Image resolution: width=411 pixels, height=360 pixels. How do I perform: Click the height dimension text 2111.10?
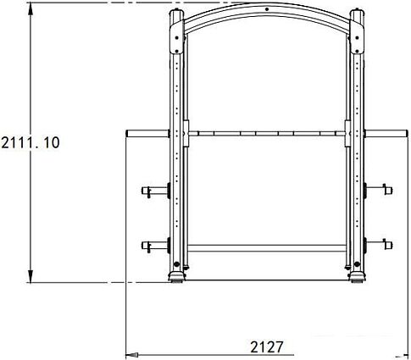click(31, 142)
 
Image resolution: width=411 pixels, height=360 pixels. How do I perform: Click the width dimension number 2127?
click(269, 346)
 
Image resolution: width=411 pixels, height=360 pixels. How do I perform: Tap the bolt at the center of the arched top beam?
click(267, 11)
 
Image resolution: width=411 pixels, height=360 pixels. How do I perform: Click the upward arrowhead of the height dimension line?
click(31, 8)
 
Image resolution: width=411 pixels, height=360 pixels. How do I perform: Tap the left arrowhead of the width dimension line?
click(131, 355)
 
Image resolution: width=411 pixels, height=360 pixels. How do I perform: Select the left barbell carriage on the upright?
click(182, 133)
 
